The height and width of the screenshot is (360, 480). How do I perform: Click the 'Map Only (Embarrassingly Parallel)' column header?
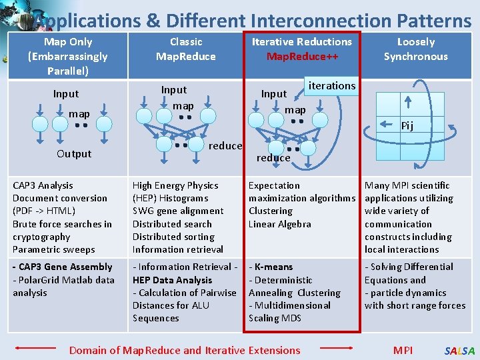pyautogui.click(x=67, y=56)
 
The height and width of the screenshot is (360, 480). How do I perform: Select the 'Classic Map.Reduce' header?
pyautogui.click(x=185, y=49)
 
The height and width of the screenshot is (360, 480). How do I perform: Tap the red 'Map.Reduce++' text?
pyautogui.click(x=302, y=57)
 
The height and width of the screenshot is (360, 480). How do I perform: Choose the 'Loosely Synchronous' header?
pyautogui.click(x=415, y=49)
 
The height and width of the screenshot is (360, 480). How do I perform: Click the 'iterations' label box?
pyautogui.click(x=331, y=85)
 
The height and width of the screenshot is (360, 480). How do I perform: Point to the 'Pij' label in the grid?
pyautogui.click(x=407, y=126)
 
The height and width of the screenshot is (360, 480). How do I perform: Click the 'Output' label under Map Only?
pyautogui.click(x=74, y=153)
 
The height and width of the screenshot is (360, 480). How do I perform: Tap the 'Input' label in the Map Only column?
pyautogui.click(x=66, y=94)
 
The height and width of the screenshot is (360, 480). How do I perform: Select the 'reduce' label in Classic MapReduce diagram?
pyautogui.click(x=225, y=146)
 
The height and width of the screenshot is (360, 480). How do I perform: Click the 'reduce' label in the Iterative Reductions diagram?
pyautogui.click(x=273, y=158)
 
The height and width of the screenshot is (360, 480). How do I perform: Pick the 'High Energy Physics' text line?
pyautogui.click(x=175, y=185)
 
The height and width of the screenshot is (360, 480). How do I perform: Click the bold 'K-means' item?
pyautogui.click(x=273, y=267)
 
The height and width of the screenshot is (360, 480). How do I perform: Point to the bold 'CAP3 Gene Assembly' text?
pyautogui.click(x=63, y=267)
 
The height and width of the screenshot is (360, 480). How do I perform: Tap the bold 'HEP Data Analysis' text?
pyautogui.click(x=172, y=280)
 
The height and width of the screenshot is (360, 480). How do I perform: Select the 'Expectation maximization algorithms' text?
pyautogui.click(x=301, y=192)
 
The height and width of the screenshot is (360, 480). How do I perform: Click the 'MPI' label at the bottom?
pyautogui.click(x=403, y=350)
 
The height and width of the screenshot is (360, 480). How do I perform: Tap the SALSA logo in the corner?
pyautogui.click(x=460, y=351)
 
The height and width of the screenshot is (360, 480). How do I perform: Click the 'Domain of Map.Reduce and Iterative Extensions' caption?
pyautogui.click(x=185, y=350)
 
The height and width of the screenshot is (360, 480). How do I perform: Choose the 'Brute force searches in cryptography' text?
pyautogui.click(x=62, y=230)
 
